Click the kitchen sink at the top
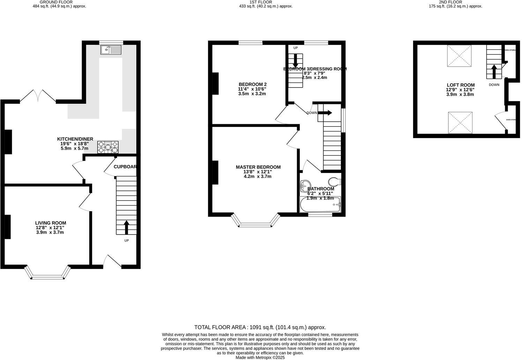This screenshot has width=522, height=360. pos(111,50)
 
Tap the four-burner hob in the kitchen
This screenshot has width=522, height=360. pos(108,147)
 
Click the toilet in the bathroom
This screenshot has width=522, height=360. pos(335,181)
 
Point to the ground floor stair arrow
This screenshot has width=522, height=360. pos(126,227)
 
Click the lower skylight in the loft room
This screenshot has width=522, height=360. pos(460,122)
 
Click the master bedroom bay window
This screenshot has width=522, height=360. pos(255,222)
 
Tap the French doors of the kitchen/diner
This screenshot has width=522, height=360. pos(38,96)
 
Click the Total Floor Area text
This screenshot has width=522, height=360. pos(260,327)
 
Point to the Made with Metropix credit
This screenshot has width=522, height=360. pos(260,358)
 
